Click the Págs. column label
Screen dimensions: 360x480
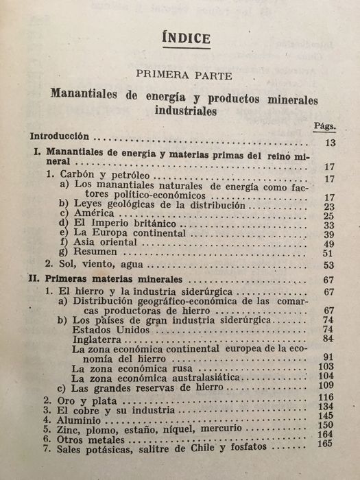pyautogui.click(x=324, y=126)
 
